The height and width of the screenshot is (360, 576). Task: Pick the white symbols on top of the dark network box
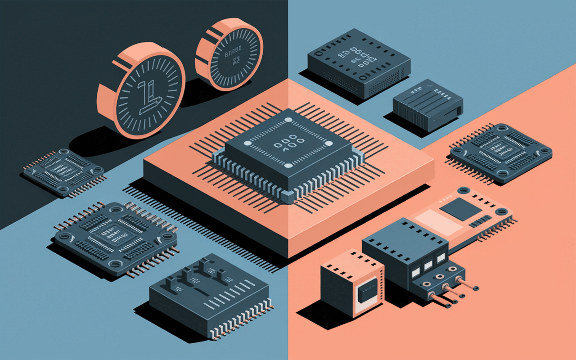[x=359, y=56]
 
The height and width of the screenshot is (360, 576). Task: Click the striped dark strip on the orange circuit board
[x=483, y=220]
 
